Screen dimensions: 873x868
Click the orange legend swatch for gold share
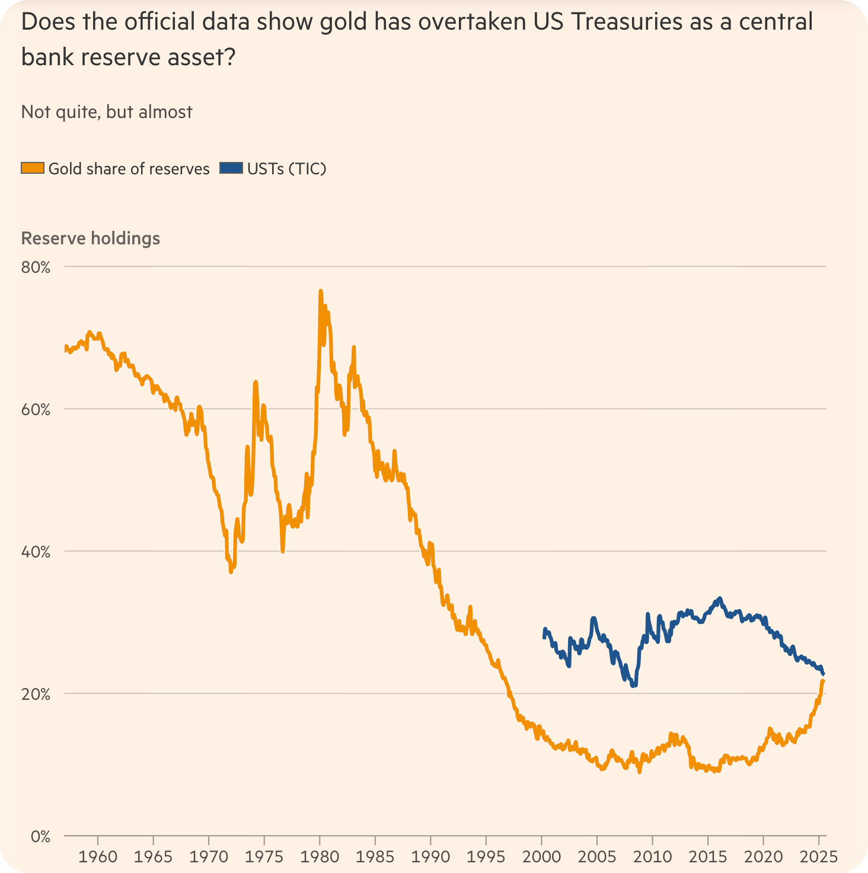(33, 168)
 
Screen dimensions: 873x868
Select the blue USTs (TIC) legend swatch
(231, 168)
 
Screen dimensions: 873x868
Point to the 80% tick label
(36, 267)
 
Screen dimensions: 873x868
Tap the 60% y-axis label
(36, 410)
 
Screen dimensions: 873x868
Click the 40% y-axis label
(36, 552)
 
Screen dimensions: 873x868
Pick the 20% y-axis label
(36, 694)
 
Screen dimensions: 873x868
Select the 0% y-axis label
(40, 837)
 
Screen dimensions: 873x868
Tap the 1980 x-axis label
(320, 857)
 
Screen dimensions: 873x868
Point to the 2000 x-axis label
(541, 857)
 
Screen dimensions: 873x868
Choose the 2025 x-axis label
(819, 857)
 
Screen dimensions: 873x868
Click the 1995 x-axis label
(486, 857)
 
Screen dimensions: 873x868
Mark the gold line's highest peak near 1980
(320, 291)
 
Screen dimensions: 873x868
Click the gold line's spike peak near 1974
(256, 382)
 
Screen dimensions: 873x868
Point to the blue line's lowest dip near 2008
(634, 686)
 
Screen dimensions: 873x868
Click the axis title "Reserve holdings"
(91, 238)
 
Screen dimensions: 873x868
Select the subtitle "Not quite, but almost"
(107, 112)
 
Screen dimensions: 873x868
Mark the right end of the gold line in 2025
(823, 680)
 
